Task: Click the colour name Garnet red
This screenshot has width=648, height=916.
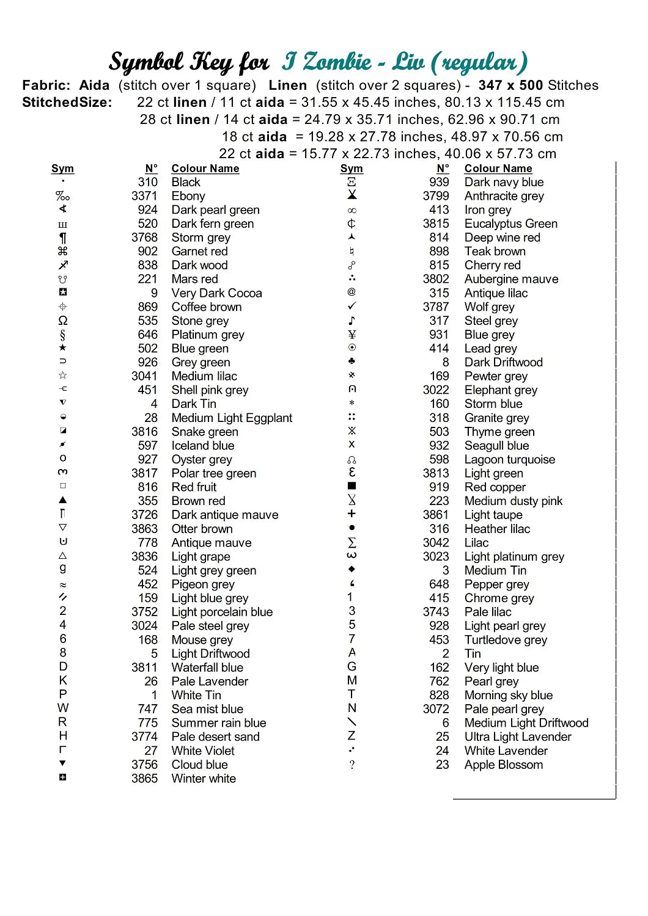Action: (199, 251)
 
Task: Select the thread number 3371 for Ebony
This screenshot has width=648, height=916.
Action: (144, 196)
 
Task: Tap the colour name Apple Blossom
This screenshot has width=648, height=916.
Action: (503, 765)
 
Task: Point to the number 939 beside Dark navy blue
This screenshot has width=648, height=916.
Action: (439, 182)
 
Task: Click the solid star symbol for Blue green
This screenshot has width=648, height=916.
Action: (62, 348)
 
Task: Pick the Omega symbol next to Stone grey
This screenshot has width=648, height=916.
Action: (62, 321)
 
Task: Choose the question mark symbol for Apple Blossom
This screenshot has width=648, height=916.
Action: (352, 765)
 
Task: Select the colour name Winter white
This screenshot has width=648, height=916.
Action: (204, 779)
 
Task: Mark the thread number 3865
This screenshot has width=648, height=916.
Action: (144, 779)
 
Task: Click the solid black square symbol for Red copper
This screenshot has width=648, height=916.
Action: (352, 486)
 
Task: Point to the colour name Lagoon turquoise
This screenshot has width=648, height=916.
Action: (509, 459)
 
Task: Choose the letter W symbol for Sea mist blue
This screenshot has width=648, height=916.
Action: (63, 708)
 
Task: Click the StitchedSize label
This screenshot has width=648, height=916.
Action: (67, 103)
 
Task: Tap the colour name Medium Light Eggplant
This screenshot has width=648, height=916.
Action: (232, 418)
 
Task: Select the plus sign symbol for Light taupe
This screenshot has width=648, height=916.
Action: (352, 514)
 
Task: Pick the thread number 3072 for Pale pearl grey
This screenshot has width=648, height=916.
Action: (436, 709)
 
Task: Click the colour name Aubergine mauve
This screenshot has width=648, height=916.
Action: (511, 279)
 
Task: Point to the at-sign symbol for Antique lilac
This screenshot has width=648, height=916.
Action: (352, 293)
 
